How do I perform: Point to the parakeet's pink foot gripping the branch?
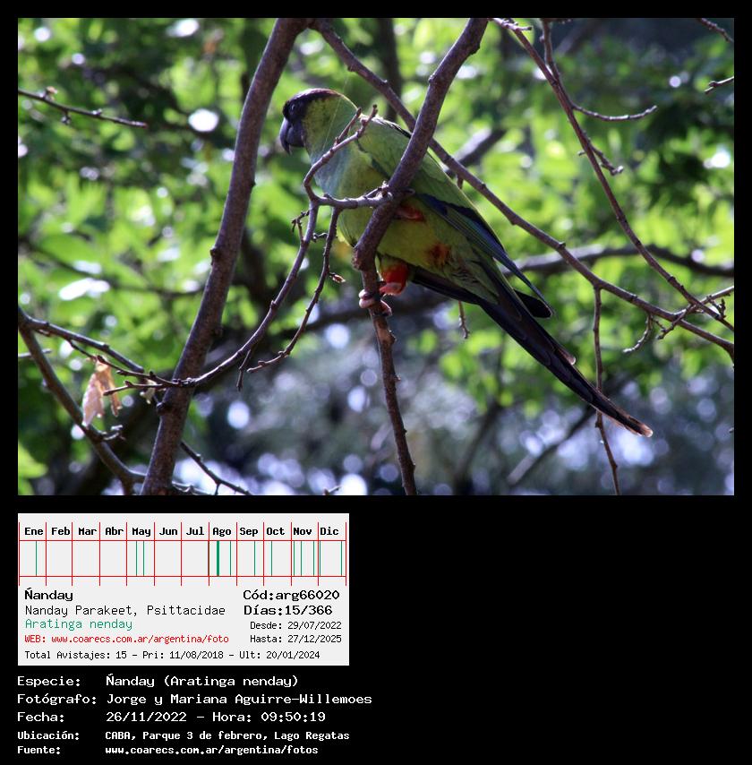tap(373, 299)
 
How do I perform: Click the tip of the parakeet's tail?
tap(649, 431)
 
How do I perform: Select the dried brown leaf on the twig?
tap(99, 391)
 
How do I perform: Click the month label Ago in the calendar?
tap(222, 531)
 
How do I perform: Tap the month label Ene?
tap(34, 531)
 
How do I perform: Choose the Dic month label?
tap(329, 531)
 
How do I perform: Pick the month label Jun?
tap(168, 531)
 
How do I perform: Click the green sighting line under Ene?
tap(36, 558)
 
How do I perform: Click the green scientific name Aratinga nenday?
tap(79, 624)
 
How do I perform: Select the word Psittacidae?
tap(186, 610)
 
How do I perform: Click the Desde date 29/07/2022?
tap(314, 625)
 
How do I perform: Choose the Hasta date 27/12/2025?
tap(314, 639)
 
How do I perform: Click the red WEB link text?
tap(127, 639)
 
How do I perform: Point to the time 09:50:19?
tap(293, 717)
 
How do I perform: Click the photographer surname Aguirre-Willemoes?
tap(303, 699)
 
